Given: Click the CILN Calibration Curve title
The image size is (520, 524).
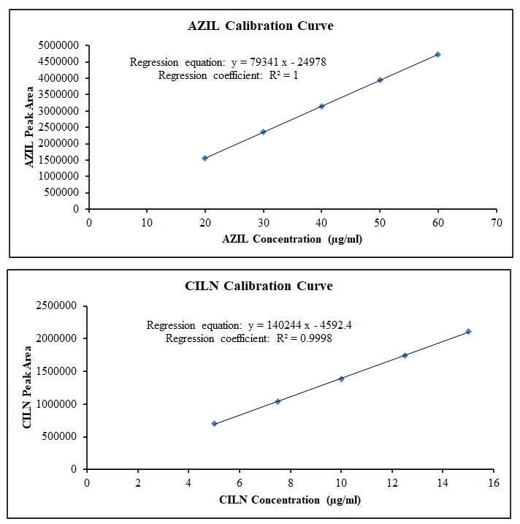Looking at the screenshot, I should coord(259,286).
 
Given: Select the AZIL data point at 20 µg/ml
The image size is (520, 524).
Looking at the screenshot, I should coord(204,158).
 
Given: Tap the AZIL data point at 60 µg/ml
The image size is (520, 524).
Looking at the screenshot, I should coord(437,54).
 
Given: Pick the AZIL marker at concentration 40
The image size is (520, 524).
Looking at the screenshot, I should coord(321,106).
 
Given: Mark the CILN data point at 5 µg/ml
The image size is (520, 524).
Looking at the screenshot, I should coord(214,423).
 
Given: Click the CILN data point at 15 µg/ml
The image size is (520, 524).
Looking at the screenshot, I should coord(468,331).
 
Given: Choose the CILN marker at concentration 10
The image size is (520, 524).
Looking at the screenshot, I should coord(341,379).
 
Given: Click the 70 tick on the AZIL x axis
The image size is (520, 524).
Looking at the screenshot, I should coord(496,222).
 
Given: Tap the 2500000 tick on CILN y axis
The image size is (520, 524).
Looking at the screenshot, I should coord(58,305).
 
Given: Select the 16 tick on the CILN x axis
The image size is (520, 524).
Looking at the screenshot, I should coord(494,483).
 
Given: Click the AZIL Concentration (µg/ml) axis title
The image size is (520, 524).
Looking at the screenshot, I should coord(292,239).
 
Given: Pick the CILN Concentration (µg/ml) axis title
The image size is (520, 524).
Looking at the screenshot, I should coord(290,500).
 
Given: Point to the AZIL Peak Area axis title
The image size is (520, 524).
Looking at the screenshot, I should coord(30,127).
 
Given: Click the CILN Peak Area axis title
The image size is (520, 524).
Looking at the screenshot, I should coord(28,387).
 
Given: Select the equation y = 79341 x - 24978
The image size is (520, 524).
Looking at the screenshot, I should coord(278,62).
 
